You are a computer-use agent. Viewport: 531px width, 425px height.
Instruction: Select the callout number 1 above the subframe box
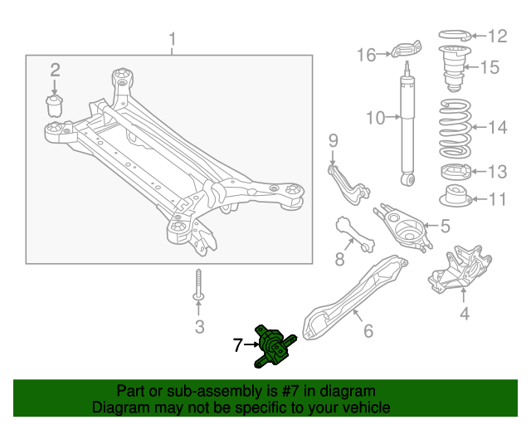coord(173,39)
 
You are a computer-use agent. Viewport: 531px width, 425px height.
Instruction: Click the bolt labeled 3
coord(199,286)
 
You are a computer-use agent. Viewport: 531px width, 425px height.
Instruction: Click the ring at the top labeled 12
coord(453,36)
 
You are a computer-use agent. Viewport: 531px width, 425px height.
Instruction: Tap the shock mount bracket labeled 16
coord(405,51)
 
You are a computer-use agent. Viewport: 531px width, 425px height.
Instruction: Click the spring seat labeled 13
coord(454,173)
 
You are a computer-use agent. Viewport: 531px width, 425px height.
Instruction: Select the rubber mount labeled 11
coord(454,200)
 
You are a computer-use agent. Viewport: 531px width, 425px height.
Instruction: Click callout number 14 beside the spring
coord(496,128)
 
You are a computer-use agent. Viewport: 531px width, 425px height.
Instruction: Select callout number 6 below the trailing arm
coord(368,331)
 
